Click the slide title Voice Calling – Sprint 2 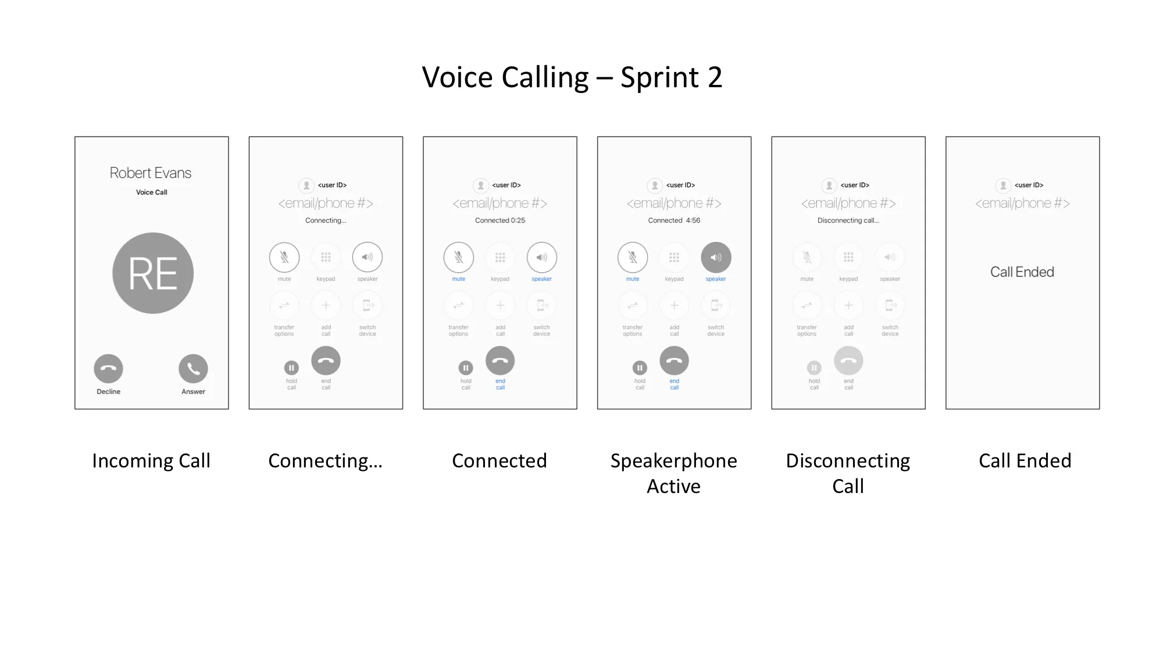tap(572, 78)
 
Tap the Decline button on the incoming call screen tap(108, 369)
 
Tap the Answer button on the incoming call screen tap(193, 369)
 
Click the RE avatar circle tap(153, 273)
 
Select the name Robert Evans tap(151, 173)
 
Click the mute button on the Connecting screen tap(284, 257)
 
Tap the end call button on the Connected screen tap(500, 361)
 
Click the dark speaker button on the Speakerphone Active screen tap(716, 257)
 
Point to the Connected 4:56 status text tap(674, 220)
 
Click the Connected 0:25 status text tap(500, 220)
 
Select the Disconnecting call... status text tap(848, 220)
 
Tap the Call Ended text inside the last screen tap(1022, 272)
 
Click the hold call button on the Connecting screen tap(291, 368)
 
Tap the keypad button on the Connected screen tap(500, 257)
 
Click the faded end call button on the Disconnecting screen tap(848, 361)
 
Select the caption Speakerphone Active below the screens tap(674, 473)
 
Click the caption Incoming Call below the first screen tap(151, 460)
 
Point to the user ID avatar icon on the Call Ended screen tap(1003, 185)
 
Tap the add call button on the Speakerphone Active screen tap(674, 305)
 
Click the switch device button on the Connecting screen tap(368, 305)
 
